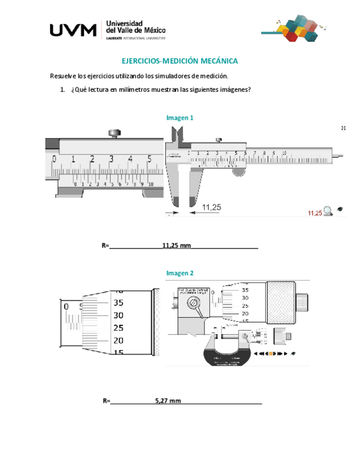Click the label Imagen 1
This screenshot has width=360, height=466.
point(180,118)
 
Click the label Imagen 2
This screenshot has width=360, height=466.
point(180,273)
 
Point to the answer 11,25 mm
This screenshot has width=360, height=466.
point(176,246)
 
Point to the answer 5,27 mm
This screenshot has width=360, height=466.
point(168,401)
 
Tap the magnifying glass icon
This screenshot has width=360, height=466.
point(328,210)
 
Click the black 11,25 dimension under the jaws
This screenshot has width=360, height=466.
point(211,207)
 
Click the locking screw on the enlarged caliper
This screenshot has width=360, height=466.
point(115,132)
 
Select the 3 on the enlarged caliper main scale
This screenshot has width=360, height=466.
point(111,159)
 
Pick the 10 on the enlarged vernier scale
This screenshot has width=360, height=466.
point(151,185)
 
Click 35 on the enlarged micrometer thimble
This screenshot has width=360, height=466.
point(118,303)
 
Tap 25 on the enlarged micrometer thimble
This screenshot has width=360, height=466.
point(118,328)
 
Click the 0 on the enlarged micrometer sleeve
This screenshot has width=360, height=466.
point(66,306)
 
